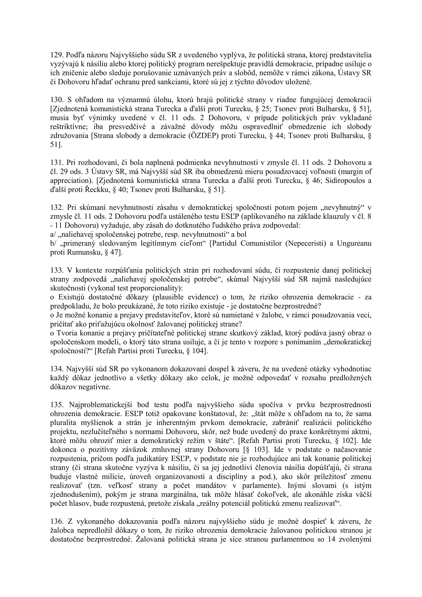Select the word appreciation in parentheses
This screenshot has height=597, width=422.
[68, 181]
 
